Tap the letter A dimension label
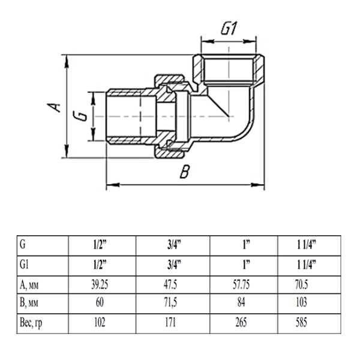coord(55,107)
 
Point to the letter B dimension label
coord(185,173)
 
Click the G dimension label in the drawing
coord(84,115)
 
